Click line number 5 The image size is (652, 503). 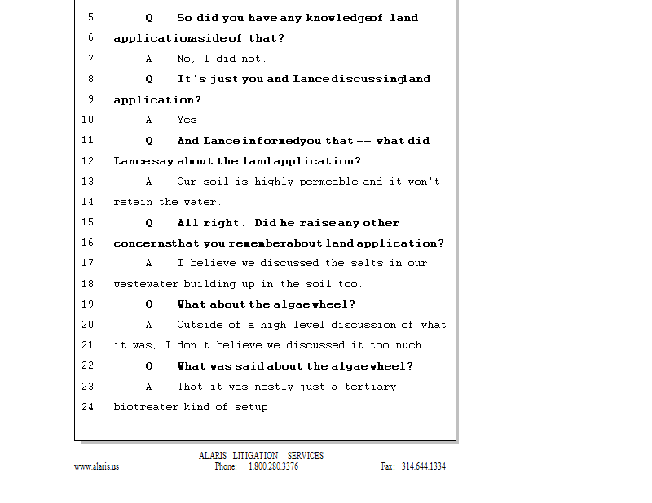(x=90, y=17)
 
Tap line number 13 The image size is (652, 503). (x=88, y=182)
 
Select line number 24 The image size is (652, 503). (x=88, y=406)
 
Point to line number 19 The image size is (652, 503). (x=88, y=304)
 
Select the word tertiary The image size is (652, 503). (x=370, y=387)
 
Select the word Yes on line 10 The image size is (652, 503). (x=187, y=120)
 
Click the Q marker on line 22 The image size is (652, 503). (x=149, y=366)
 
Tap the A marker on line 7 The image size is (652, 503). (x=149, y=59)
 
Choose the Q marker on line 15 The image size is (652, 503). (x=149, y=223)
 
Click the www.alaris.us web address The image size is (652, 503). (x=96, y=467)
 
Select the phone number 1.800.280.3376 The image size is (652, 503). (x=273, y=467)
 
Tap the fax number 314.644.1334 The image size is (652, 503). (x=423, y=467)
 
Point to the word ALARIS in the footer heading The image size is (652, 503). (x=212, y=456)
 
